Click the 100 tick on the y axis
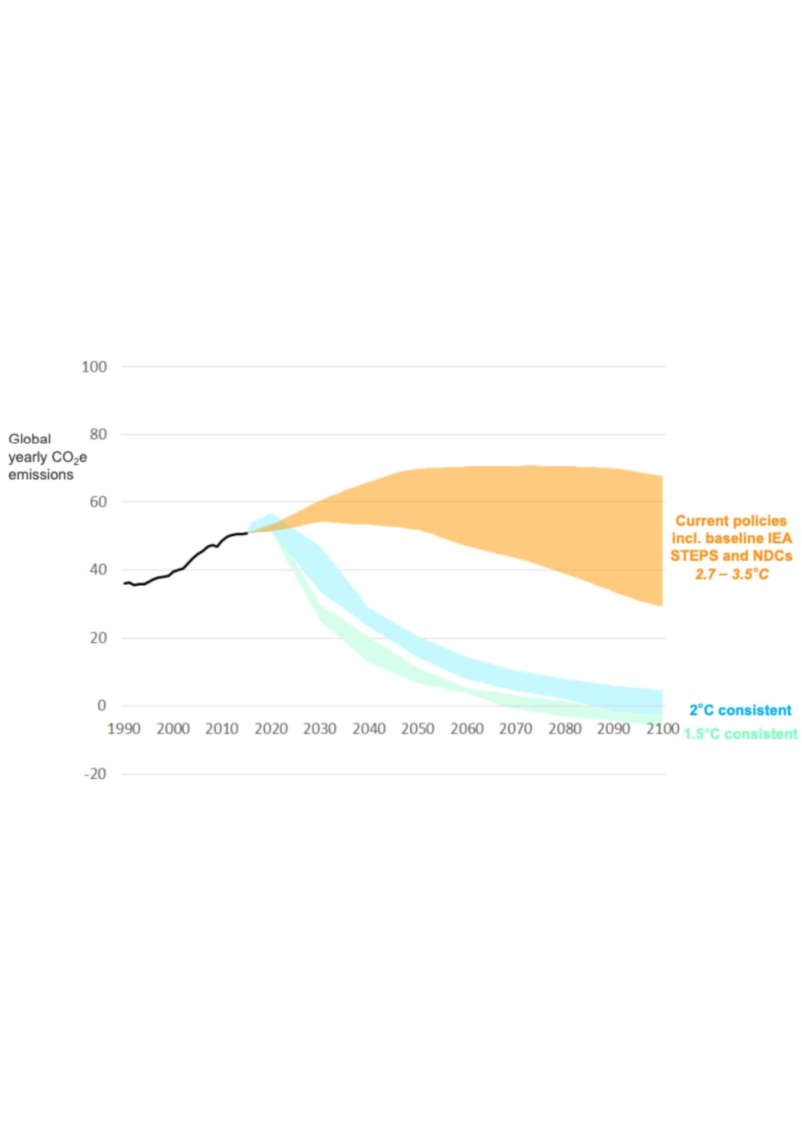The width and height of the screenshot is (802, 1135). (x=94, y=367)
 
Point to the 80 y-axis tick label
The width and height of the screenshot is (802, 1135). (x=98, y=435)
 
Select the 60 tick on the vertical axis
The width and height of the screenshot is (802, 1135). (x=98, y=502)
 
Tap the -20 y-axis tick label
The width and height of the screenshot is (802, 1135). (x=95, y=774)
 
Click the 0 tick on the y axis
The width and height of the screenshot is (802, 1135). (x=102, y=705)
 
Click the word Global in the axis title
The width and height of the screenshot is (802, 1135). (x=30, y=439)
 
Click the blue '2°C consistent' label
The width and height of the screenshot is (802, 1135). (x=740, y=710)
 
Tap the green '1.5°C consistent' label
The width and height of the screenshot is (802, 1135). (x=740, y=734)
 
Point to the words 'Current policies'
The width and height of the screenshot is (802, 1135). (x=731, y=521)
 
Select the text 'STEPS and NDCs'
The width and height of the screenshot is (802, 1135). (x=731, y=556)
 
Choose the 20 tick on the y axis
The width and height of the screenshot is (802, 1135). (x=98, y=638)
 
